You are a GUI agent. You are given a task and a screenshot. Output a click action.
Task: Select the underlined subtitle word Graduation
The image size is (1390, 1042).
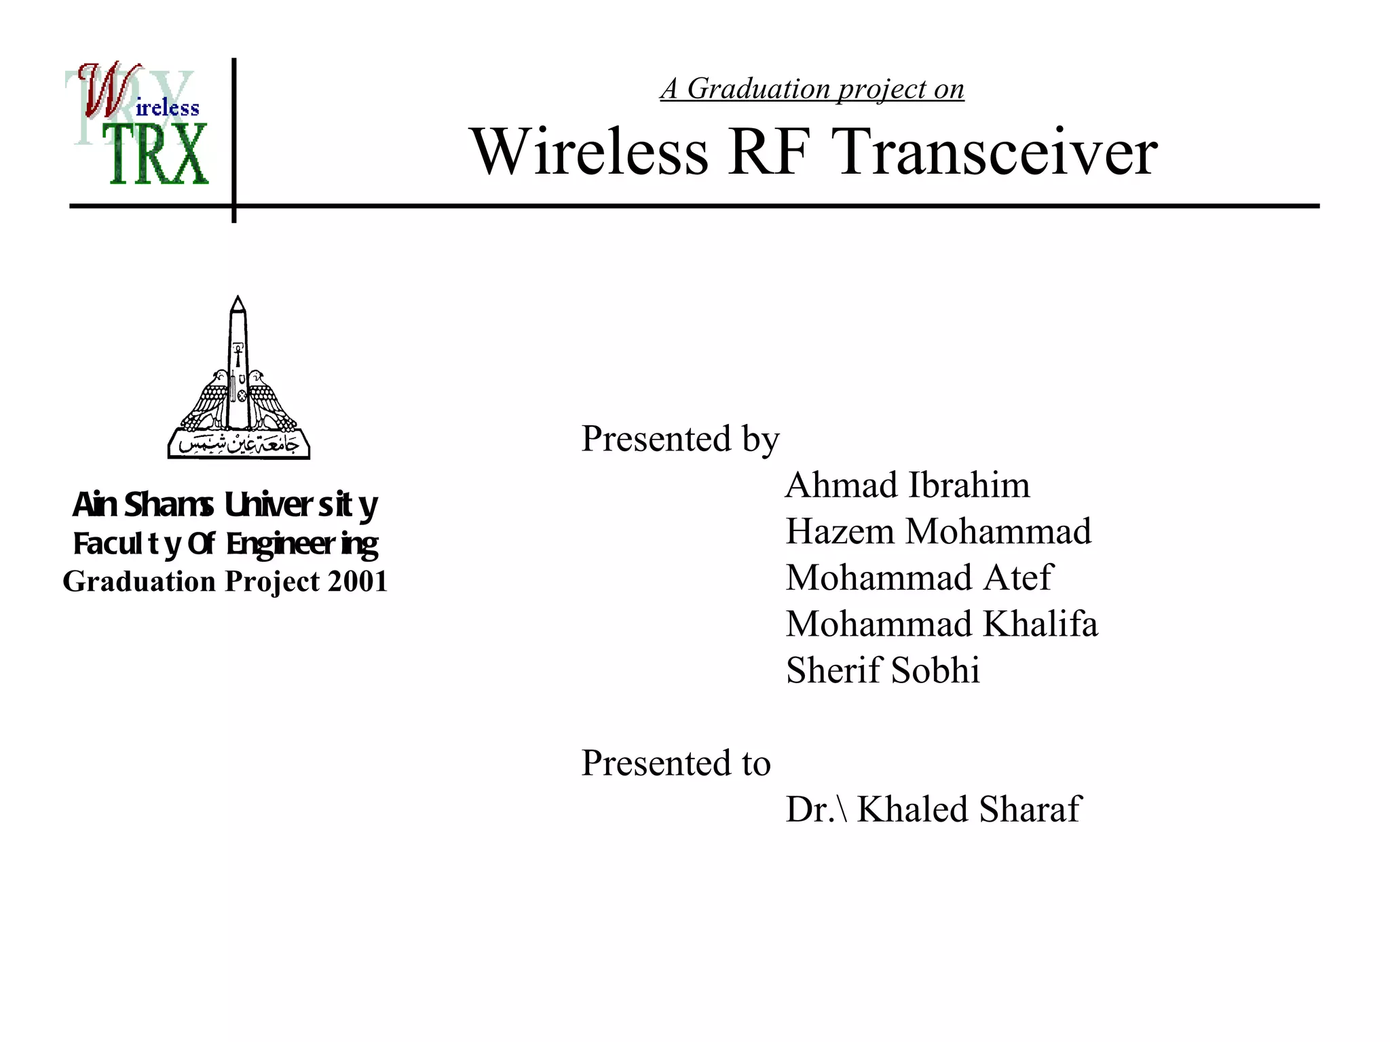coord(758,90)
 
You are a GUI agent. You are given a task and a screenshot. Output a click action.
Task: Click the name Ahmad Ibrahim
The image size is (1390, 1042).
coord(907,486)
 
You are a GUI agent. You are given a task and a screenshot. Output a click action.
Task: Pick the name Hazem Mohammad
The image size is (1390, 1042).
coord(938,532)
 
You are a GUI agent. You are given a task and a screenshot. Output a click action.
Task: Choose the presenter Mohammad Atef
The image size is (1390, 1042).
coord(919,578)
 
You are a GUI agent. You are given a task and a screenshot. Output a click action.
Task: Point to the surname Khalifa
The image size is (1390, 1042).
coord(1040,624)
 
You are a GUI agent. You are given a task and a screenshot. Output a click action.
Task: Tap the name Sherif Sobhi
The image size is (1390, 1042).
coord(882,670)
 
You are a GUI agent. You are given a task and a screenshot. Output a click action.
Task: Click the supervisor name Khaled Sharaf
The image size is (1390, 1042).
coord(969,809)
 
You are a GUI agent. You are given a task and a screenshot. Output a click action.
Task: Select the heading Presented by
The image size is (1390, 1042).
coord(680,440)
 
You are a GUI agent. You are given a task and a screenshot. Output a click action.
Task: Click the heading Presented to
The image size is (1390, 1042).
coord(676,763)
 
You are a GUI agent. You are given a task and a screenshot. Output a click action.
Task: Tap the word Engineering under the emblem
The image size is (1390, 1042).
coord(302,545)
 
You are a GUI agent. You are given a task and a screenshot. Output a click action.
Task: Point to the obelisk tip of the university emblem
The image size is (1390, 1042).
coord(238,302)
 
